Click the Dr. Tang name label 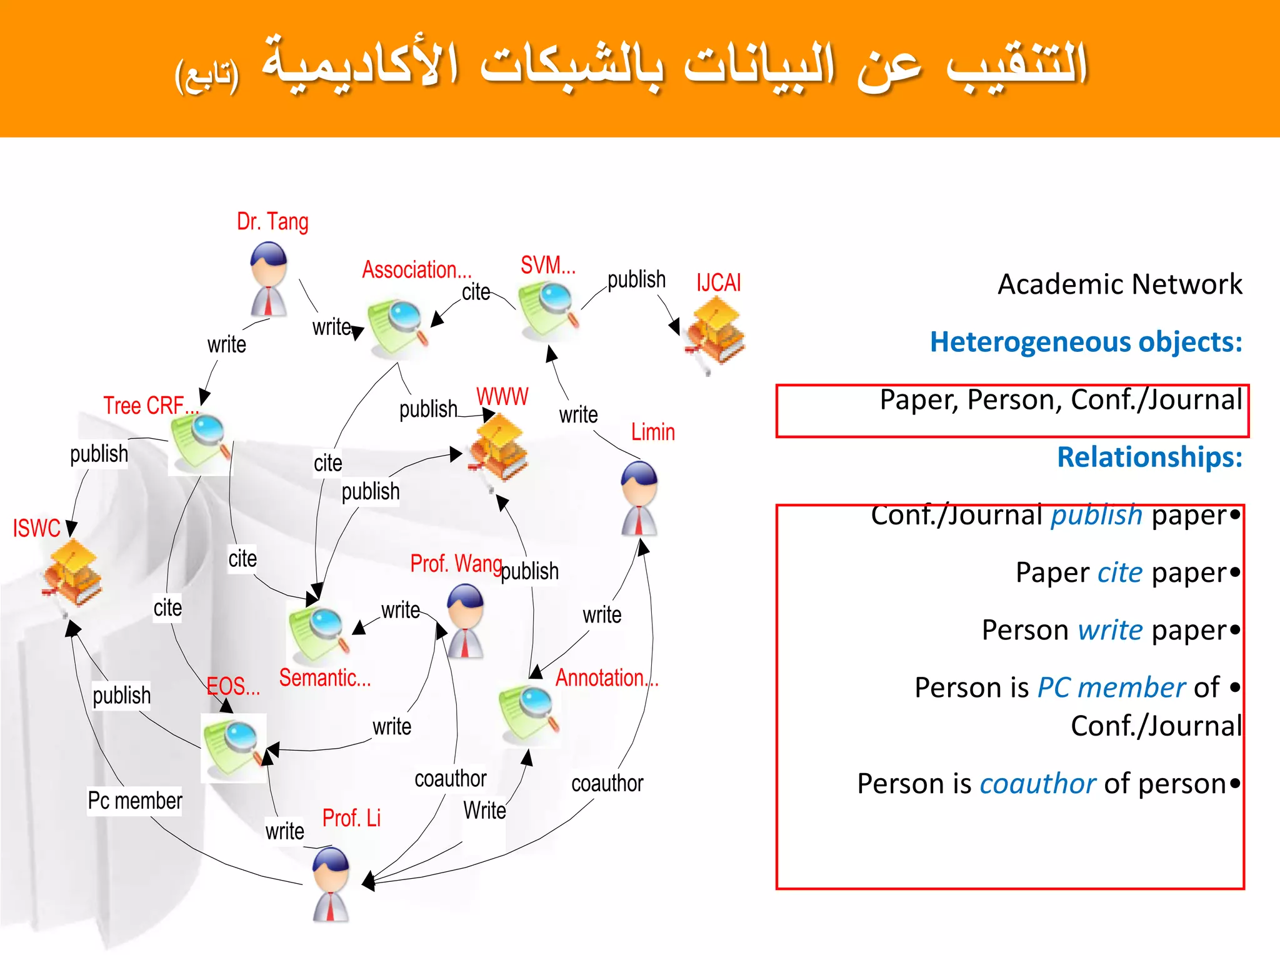coord(272,222)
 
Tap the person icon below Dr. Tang coord(269,279)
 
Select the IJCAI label coord(719,283)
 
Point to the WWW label coord(502,397)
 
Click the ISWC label coord(37,529)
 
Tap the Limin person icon coord(639,499)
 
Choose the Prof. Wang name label coord(456,564)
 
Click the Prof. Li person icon coord(331,884)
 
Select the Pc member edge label coord(135,801)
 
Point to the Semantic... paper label coord(325,678)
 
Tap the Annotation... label coord(607,678)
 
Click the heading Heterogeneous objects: coord(1086,342)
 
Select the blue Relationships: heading coord(1149,457)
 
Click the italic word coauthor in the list coord(1037,784)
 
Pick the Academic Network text coord(1119,284)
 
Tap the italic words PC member coord(1111,687)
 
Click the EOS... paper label coord(233,687)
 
